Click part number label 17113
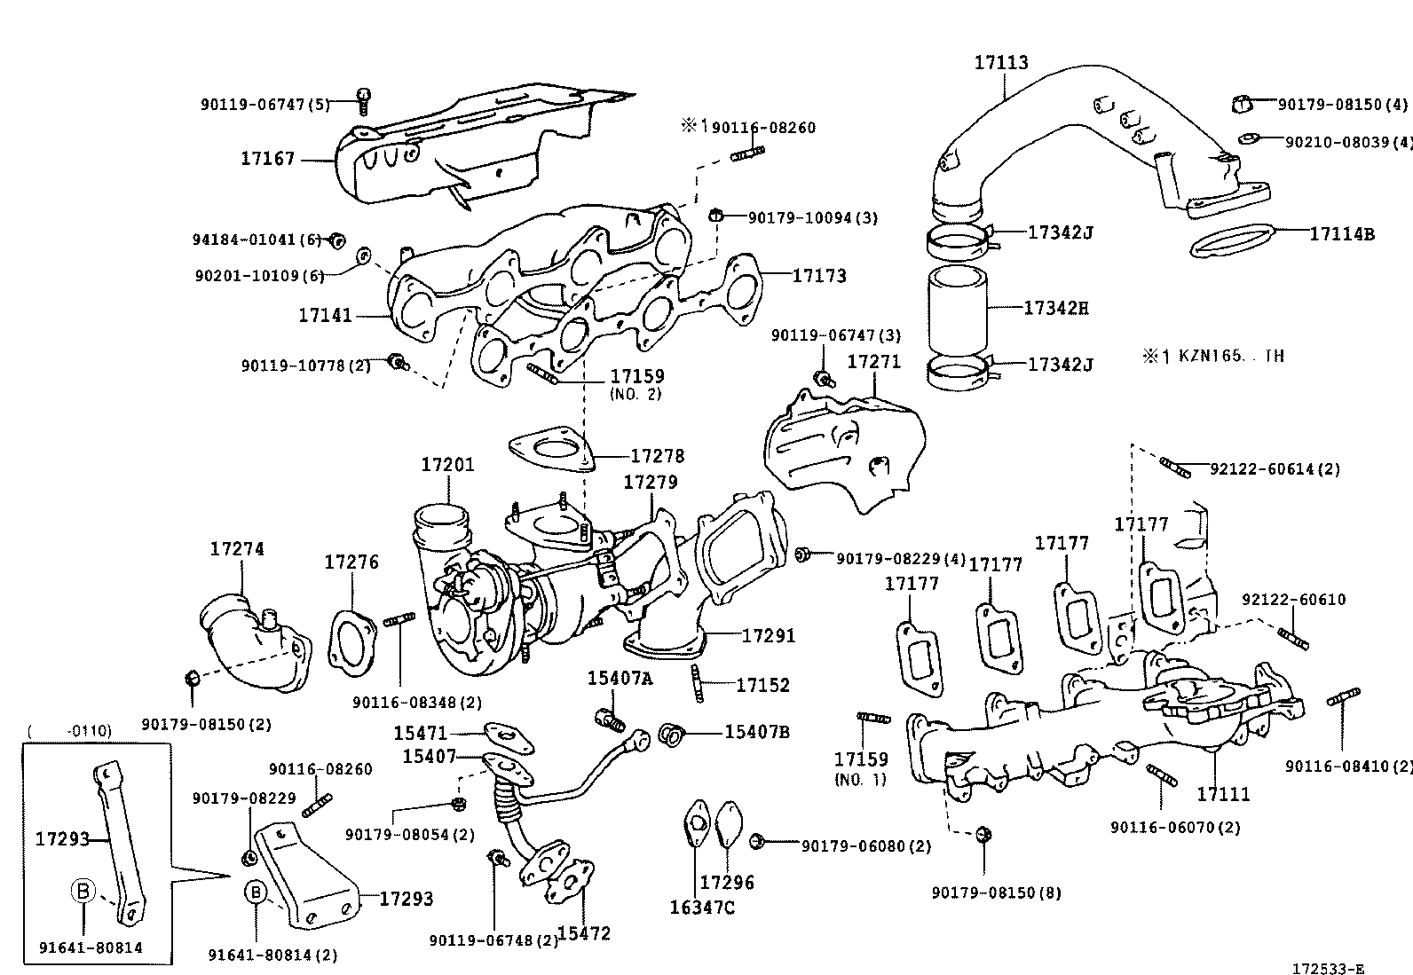coord(1001,63)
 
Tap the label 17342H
coord(1055,308)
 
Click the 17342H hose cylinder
coord(957,311)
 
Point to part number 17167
coord(267,160)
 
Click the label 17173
coord(818,276)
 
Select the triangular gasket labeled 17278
coord(550,450)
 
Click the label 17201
coord(447,465)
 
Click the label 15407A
coord(619,679)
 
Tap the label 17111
coord(1222,794)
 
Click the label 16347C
coord(702,908)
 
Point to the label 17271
coord(873,362)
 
